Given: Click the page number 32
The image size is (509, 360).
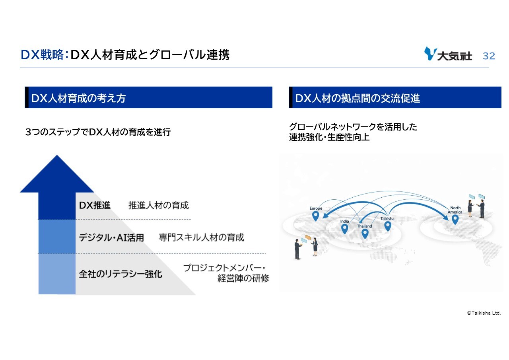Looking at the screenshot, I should coord(489,56).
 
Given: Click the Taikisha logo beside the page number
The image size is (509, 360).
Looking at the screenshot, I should coord(448,54).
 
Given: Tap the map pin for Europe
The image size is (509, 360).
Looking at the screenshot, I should coord(315,216).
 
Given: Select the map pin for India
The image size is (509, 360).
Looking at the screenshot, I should coord(344,229).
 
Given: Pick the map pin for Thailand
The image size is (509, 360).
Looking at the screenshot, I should coord(365,234).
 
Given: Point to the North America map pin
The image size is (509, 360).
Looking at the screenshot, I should coord(455,220).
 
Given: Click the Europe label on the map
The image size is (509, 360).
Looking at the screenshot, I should coord(316,208).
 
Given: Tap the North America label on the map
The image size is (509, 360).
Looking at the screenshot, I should coord(455,210).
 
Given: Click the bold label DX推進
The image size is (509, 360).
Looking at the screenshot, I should coord(95,206).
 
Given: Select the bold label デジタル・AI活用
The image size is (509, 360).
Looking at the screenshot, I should coord(111,238).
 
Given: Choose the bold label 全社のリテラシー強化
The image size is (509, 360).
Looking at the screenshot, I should coord(120,274).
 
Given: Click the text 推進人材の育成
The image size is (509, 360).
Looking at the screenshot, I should coord(158,206).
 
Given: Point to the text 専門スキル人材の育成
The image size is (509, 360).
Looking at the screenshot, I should coord(201,238).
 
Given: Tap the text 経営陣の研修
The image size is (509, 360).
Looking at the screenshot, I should coord(243,278).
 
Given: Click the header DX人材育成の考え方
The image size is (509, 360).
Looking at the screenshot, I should coord(78,98).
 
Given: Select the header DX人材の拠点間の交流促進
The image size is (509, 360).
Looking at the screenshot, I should coord(357,98).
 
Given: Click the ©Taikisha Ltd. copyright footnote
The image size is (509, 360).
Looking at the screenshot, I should coord(484,313).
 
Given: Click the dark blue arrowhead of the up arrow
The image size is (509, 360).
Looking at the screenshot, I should coord(57,175).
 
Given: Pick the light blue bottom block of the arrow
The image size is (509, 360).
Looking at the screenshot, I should coord(57,274).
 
